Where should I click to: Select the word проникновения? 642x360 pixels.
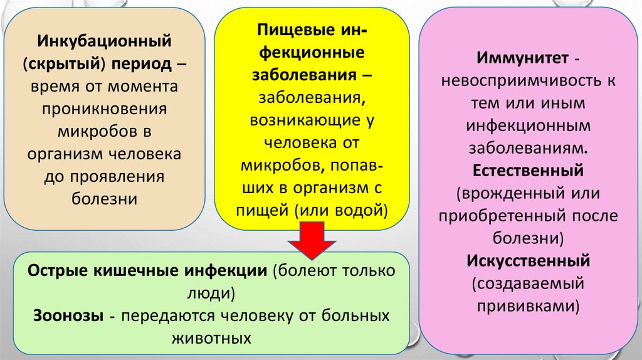[104, 108]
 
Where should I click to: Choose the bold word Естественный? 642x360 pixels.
[529, 170]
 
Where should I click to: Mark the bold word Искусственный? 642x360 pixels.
[529, 260]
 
